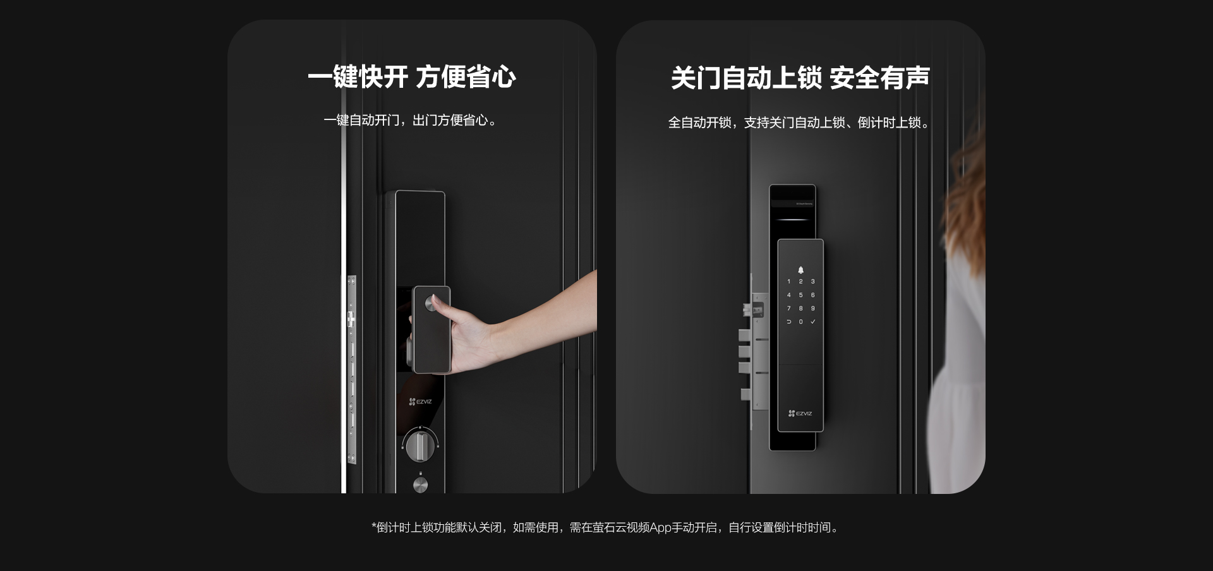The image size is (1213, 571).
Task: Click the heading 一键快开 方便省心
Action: [x=412, y=77]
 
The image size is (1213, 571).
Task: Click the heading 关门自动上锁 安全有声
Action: [x=800, y=78]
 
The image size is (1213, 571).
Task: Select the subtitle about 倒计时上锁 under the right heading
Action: [x=800, y=123]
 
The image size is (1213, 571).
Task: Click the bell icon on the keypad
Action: [x=800, y=270]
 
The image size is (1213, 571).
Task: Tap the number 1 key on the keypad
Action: [x=788, y=282]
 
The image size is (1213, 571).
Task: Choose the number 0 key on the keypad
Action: [x=800, y=322]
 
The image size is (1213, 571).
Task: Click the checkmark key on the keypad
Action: [x=813, y=322]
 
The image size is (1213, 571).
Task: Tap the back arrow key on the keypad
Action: [x=788, y=322]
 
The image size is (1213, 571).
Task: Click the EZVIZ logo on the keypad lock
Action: [x=800, y=414]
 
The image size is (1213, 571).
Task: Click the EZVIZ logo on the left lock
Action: [x=420, y=402]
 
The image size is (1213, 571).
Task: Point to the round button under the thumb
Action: [x=431, y=303]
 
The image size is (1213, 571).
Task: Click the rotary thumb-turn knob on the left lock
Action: [x=419, y=445]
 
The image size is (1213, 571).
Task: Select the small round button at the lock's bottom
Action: [x=420, y=484]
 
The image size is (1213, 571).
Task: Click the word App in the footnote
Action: [x=660, y=528]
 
